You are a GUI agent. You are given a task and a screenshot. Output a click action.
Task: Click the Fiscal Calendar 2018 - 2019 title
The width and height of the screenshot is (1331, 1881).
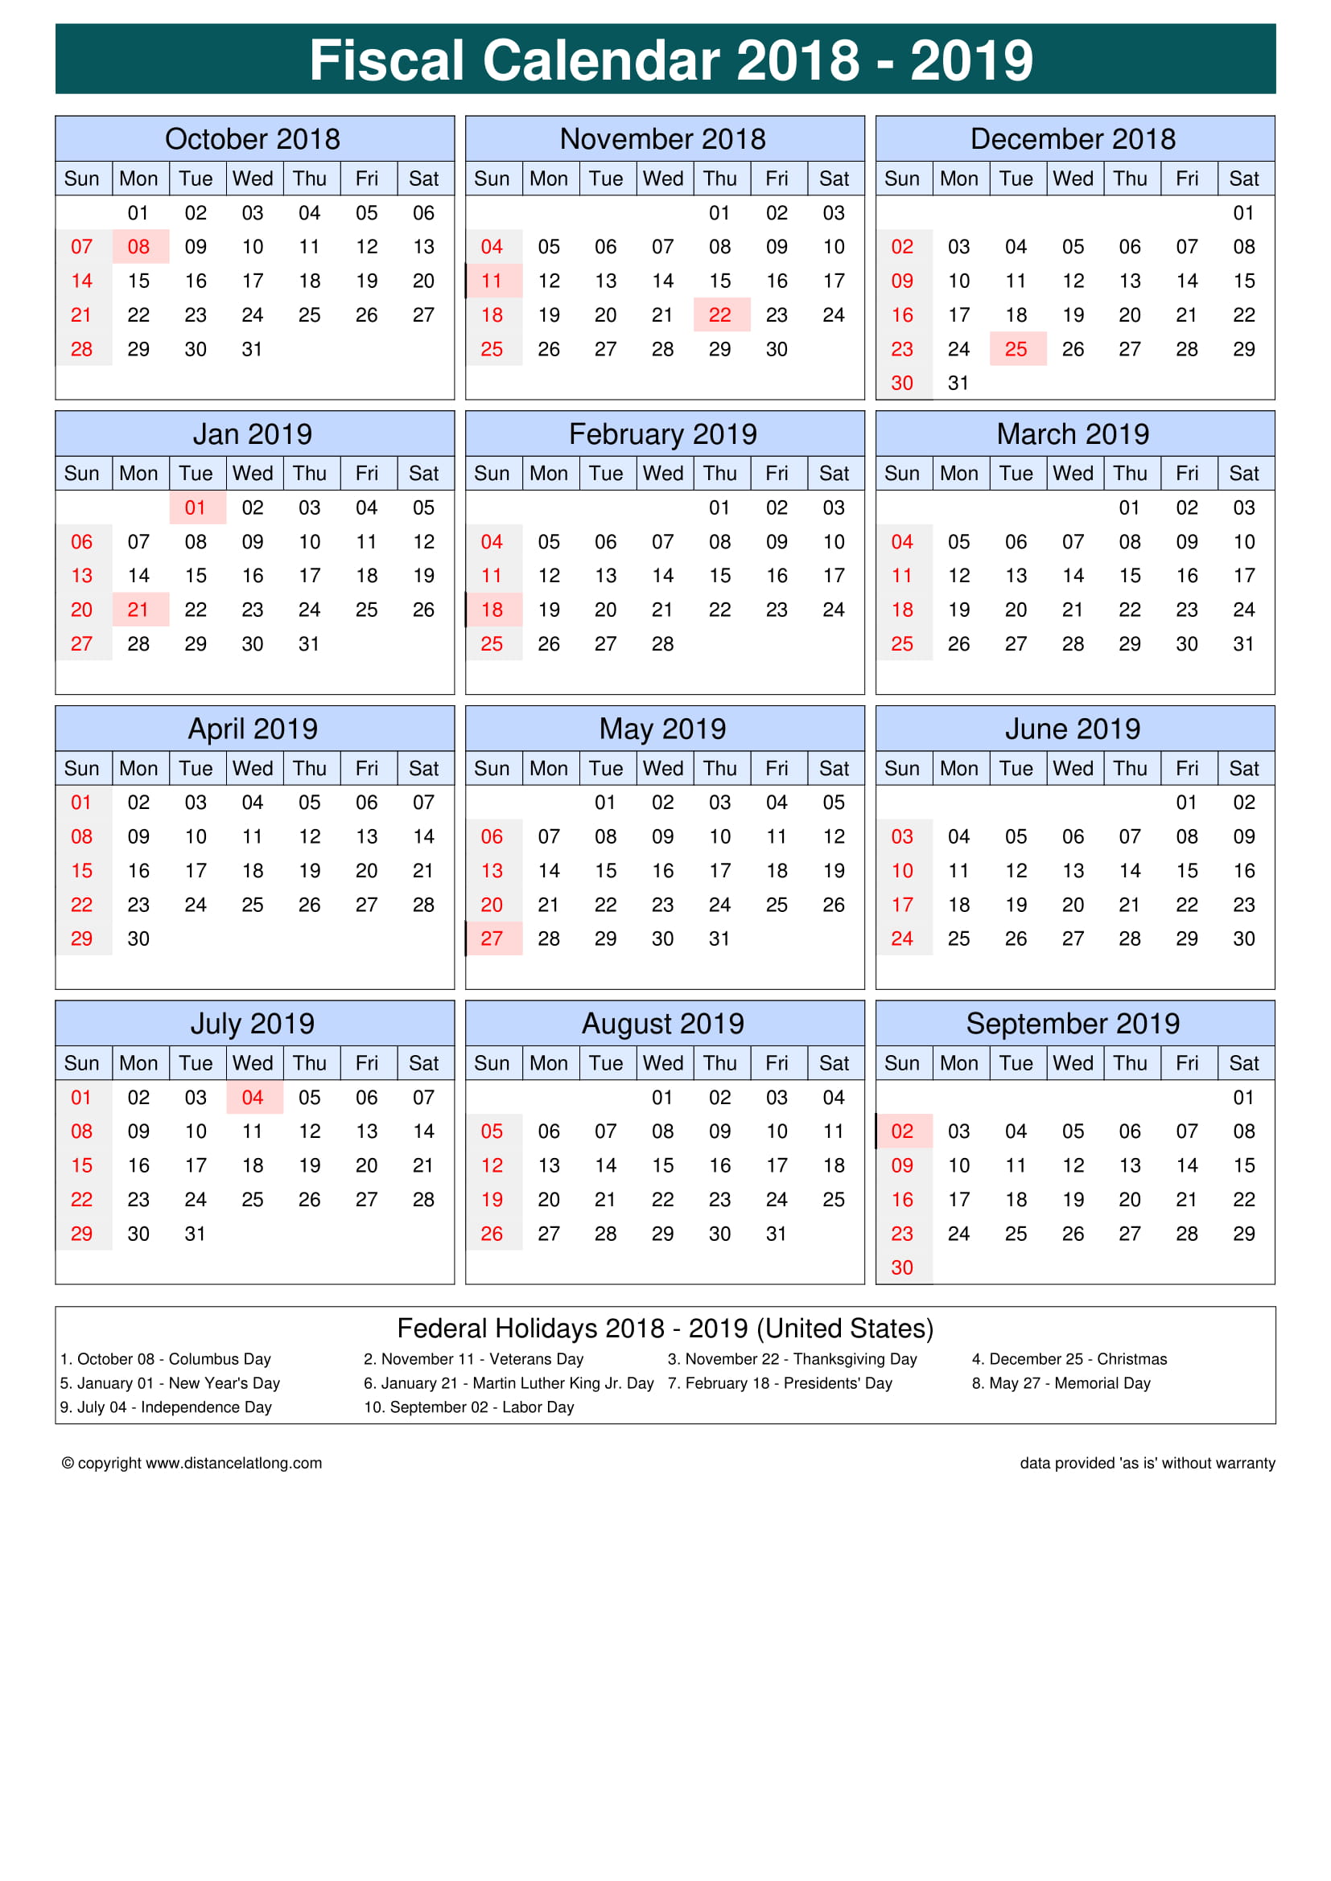tap(670, 60)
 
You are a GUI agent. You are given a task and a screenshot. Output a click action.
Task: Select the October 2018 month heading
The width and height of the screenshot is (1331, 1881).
tap(253, 139)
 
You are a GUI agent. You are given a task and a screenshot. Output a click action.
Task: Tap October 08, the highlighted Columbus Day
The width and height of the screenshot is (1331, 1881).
tap(138, 247)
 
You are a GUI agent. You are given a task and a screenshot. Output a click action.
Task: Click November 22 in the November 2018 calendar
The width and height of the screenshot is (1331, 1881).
tap(719, 315)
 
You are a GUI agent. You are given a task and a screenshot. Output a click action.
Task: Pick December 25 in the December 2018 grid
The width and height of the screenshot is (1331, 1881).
tap(1016, 349)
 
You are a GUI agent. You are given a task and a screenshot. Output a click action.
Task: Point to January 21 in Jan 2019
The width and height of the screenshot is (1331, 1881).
tap(138, 610)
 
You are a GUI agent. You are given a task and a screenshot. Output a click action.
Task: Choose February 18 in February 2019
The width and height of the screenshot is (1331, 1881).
tap(492, 610)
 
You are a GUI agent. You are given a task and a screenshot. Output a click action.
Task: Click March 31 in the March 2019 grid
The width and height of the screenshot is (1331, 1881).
tap(1243, 644)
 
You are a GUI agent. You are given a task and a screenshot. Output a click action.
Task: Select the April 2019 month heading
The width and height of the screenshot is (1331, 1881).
tap(253, 729)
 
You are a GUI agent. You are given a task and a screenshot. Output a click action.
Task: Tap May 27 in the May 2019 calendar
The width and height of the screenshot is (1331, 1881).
tap(492, 938)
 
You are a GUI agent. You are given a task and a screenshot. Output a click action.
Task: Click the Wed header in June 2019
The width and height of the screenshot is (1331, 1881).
tap(1073, 769)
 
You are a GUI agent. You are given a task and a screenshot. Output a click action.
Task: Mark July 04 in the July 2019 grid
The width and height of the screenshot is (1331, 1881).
tap(253, 1098)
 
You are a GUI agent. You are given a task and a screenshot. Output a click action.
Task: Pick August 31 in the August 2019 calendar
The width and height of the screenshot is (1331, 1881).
tap(776, 1234)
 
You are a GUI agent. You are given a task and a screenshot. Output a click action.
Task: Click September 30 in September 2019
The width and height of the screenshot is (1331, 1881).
tap(901, 1268)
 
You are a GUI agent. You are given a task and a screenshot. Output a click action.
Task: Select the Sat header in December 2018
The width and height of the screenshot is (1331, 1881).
tap(1243, 179)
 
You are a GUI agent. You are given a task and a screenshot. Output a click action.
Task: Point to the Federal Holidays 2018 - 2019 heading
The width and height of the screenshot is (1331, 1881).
tap(665, 1328)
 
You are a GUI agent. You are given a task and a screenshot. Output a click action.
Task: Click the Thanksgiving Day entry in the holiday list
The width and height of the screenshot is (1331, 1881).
tap(792, 1359)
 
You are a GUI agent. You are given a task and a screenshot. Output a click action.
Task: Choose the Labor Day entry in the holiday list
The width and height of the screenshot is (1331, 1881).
tap(469, 1407)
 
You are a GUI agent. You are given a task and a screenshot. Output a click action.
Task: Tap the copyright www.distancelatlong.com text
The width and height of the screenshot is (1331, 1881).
tap(192, 1463)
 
